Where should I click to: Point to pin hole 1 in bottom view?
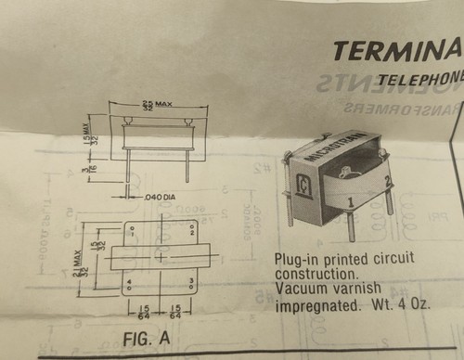point(131,232)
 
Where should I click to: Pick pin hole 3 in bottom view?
point(192,280)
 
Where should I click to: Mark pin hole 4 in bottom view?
point(131,281)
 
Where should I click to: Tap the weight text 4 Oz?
point(415,304)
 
